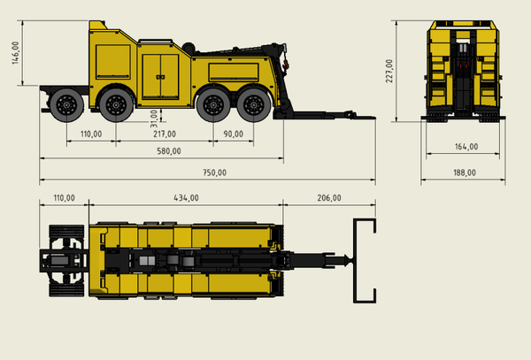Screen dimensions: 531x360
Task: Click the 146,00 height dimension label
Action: (x=16, y=53)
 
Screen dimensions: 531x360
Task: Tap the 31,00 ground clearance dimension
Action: (x=154, y=119)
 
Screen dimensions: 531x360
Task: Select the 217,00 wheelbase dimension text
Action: (x=165, y=134)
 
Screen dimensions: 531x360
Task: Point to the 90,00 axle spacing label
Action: (x=234, y=134)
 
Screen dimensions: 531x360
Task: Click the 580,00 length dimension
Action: (x=169, y=151)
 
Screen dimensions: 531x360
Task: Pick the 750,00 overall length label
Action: (x=214, y=172)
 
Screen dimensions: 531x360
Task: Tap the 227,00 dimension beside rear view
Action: (x=389, y=71)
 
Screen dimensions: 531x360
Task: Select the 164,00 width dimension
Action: (x=466, y=147)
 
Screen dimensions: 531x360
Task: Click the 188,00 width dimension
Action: (x=465, y=172)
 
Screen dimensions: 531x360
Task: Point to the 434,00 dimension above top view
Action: (x=186, y=197)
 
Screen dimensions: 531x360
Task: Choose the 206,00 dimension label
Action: (x=329, y=197)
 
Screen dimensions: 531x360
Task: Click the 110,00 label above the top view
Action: (x=64, y=197)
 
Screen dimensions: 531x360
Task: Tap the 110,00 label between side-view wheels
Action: (x=91, y=134)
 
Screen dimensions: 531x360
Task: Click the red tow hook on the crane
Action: (x=287, y=64)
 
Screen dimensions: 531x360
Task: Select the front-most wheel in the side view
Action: (x=66, y=105)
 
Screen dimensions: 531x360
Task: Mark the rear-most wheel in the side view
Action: (x=254, y=105)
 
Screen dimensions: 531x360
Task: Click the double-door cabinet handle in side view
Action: (x=160, y=77)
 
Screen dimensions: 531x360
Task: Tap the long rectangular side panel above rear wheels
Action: (x=234, y=72)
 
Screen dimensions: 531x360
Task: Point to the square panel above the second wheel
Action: (x=113, y=62)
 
